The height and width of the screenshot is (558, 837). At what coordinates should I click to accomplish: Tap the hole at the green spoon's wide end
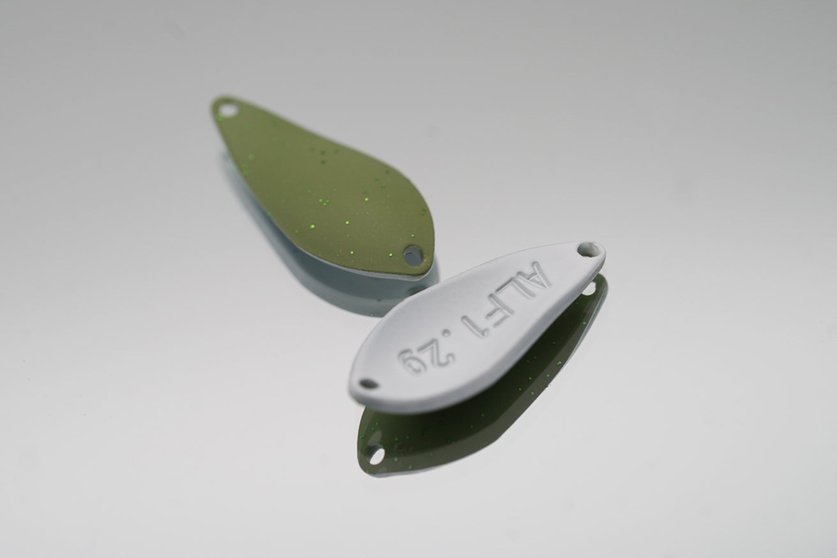coord(413,255)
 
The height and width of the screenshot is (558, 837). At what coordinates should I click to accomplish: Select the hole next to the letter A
coord(586,249)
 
